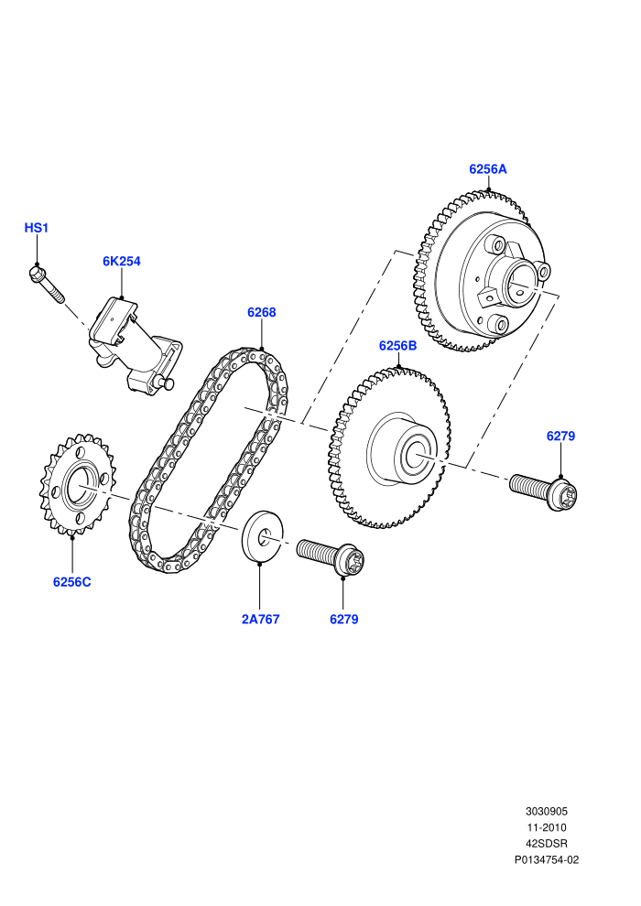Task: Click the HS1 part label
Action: pyautogui.click(x=36, y=228)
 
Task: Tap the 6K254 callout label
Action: pyautogui.click(x=122, y=261)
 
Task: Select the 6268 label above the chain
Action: pyautogui.click(x=261, y=312)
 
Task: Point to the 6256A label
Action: pyautogui.click(x=488, y=168)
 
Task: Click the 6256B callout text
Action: pyautogui.click(x=397, y=346)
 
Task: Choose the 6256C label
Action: pyautogui.click(x=71, y=582)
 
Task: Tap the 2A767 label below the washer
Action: pyautogui.click(x=260, y=619)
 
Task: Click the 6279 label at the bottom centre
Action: pyautogui.click(x=344, y=619)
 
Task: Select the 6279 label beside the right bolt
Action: pyautogui.click(x=560, y=436)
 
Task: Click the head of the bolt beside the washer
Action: pyautogui.click(x=351, y=560)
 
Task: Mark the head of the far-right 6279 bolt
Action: pyautogui.click(x=563, y=494)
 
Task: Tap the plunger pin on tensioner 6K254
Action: pyautogui.click(x=168, y=383)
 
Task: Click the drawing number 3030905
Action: pyautogui.click(x=546, y=811)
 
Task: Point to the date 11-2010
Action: pyautogui.click(x=546, y=827)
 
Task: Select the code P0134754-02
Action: pyautogui.click(x=546, y=859)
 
